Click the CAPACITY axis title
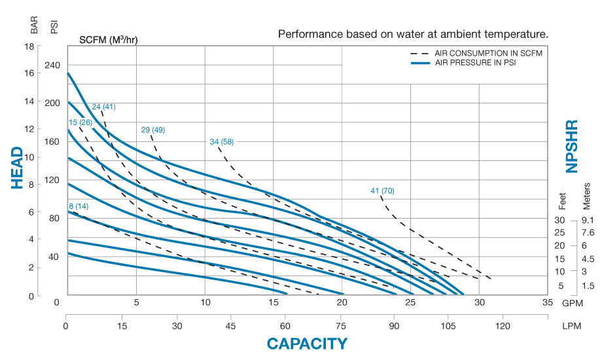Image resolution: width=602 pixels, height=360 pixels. [x=307, y=344]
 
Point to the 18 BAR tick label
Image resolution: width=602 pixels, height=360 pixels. [x=29, y=46]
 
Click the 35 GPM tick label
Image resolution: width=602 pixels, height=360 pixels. [x=548, y=302]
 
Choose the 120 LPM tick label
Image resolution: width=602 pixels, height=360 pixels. [x=503, y=325]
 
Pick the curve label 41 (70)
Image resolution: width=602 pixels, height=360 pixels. [x=382, y=191]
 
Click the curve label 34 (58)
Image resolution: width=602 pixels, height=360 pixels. [x=221, y=141]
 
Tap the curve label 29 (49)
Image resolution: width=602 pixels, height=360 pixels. [x=153, y=130]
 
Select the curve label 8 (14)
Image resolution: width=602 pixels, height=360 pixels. [x=79, y=207]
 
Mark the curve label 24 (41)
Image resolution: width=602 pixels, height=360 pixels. [x=103, y=107]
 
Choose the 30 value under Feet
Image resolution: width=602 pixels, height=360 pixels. [x=559, y=220]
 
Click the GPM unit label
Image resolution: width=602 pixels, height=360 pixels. [x=573, y=302]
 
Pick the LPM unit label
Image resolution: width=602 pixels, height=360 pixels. [x=573, y=325]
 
